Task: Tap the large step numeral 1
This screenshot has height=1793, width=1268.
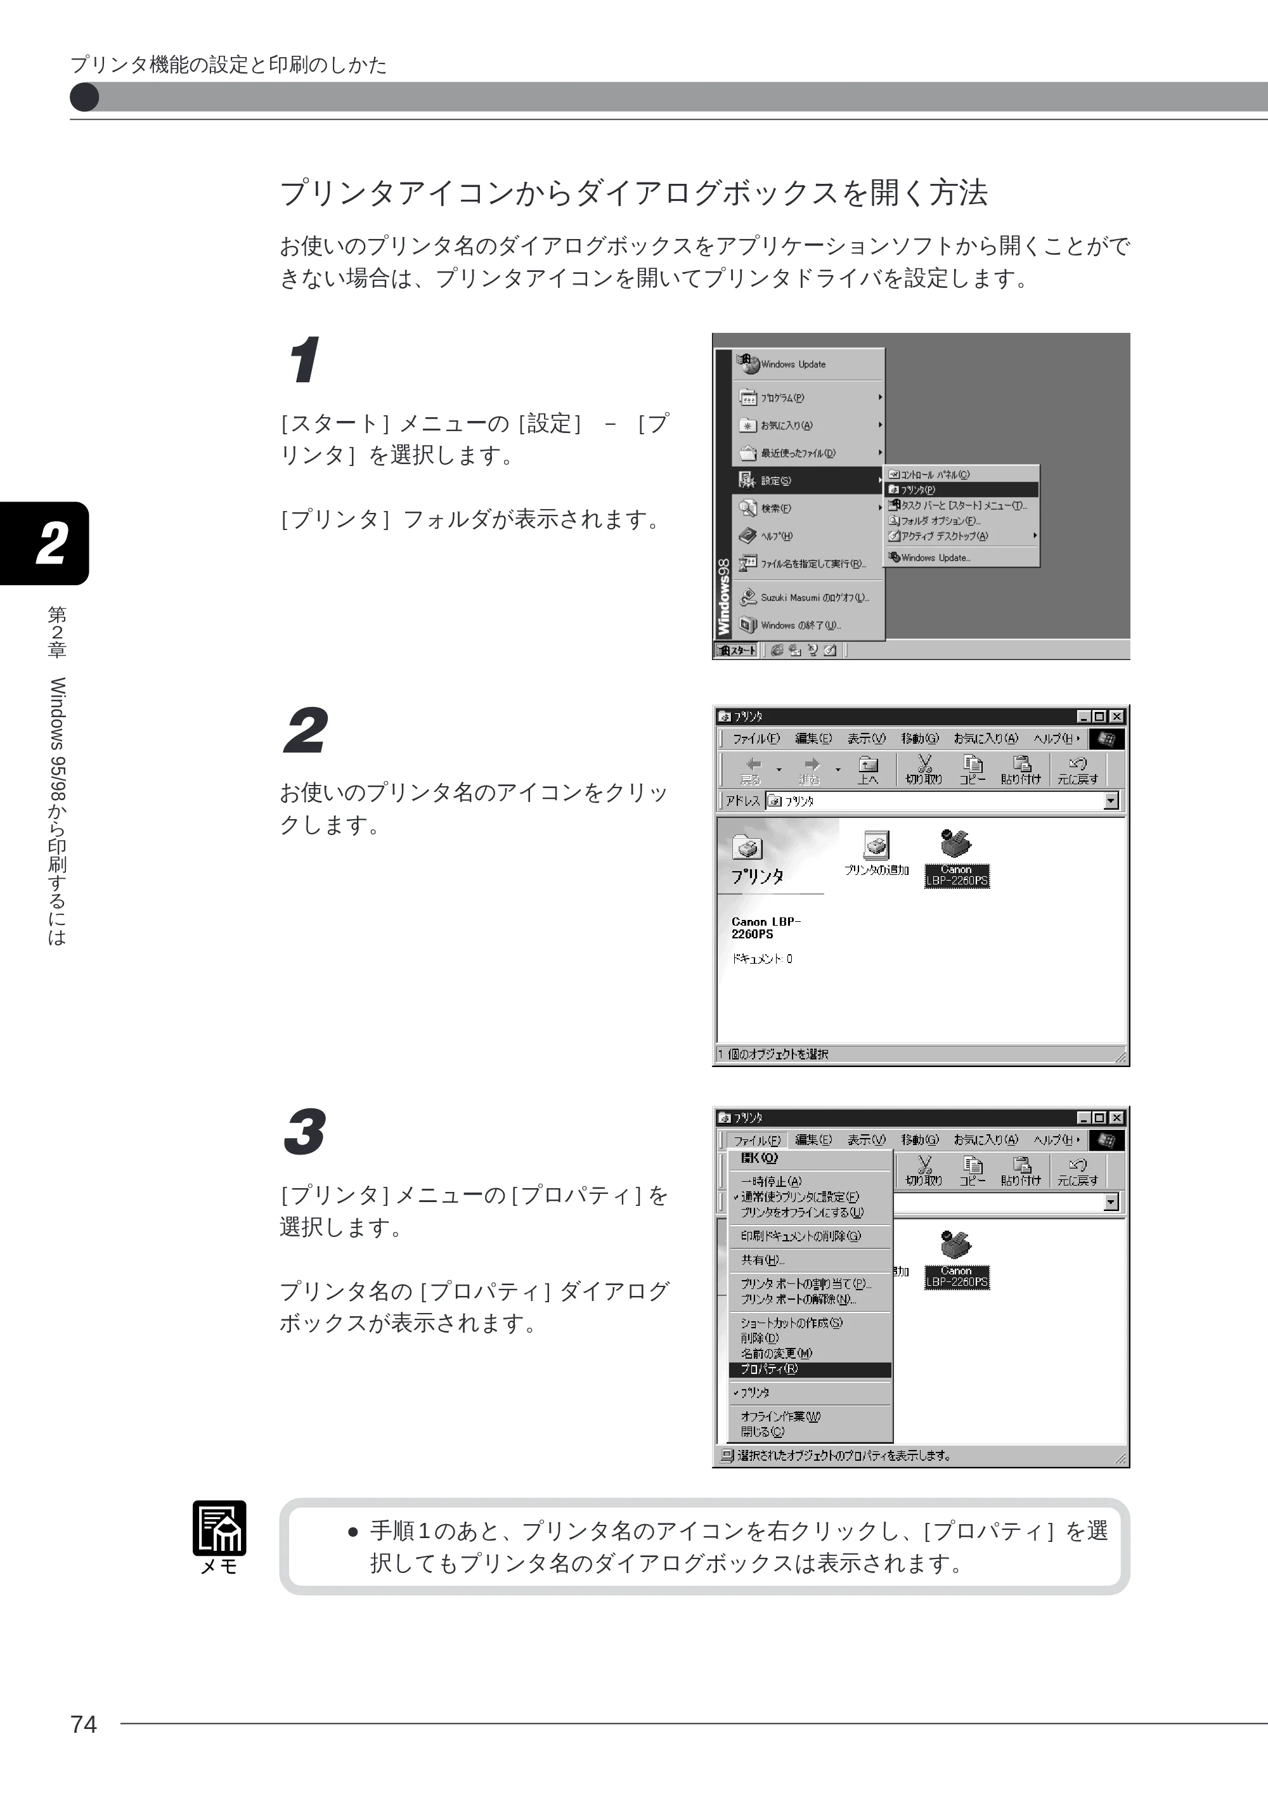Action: coord(304,360)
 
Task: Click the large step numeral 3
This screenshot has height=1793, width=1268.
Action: coord(304,1132)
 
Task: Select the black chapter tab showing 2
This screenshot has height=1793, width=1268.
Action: coord(44,543)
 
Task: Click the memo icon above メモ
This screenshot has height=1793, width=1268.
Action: coord(219,1528)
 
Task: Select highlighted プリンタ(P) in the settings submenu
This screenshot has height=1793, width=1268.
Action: coord(961,489)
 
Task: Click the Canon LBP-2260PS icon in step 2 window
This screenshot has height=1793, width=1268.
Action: coord(957,857)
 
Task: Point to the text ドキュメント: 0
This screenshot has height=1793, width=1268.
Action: coord(762,959)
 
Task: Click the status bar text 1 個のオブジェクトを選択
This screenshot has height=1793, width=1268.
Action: coord(773,1054)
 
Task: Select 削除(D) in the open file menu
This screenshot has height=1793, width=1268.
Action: coord(760,1338)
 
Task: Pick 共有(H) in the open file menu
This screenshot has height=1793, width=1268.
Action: coord(763,1260)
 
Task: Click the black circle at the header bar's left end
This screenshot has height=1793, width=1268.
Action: coord(84,98)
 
